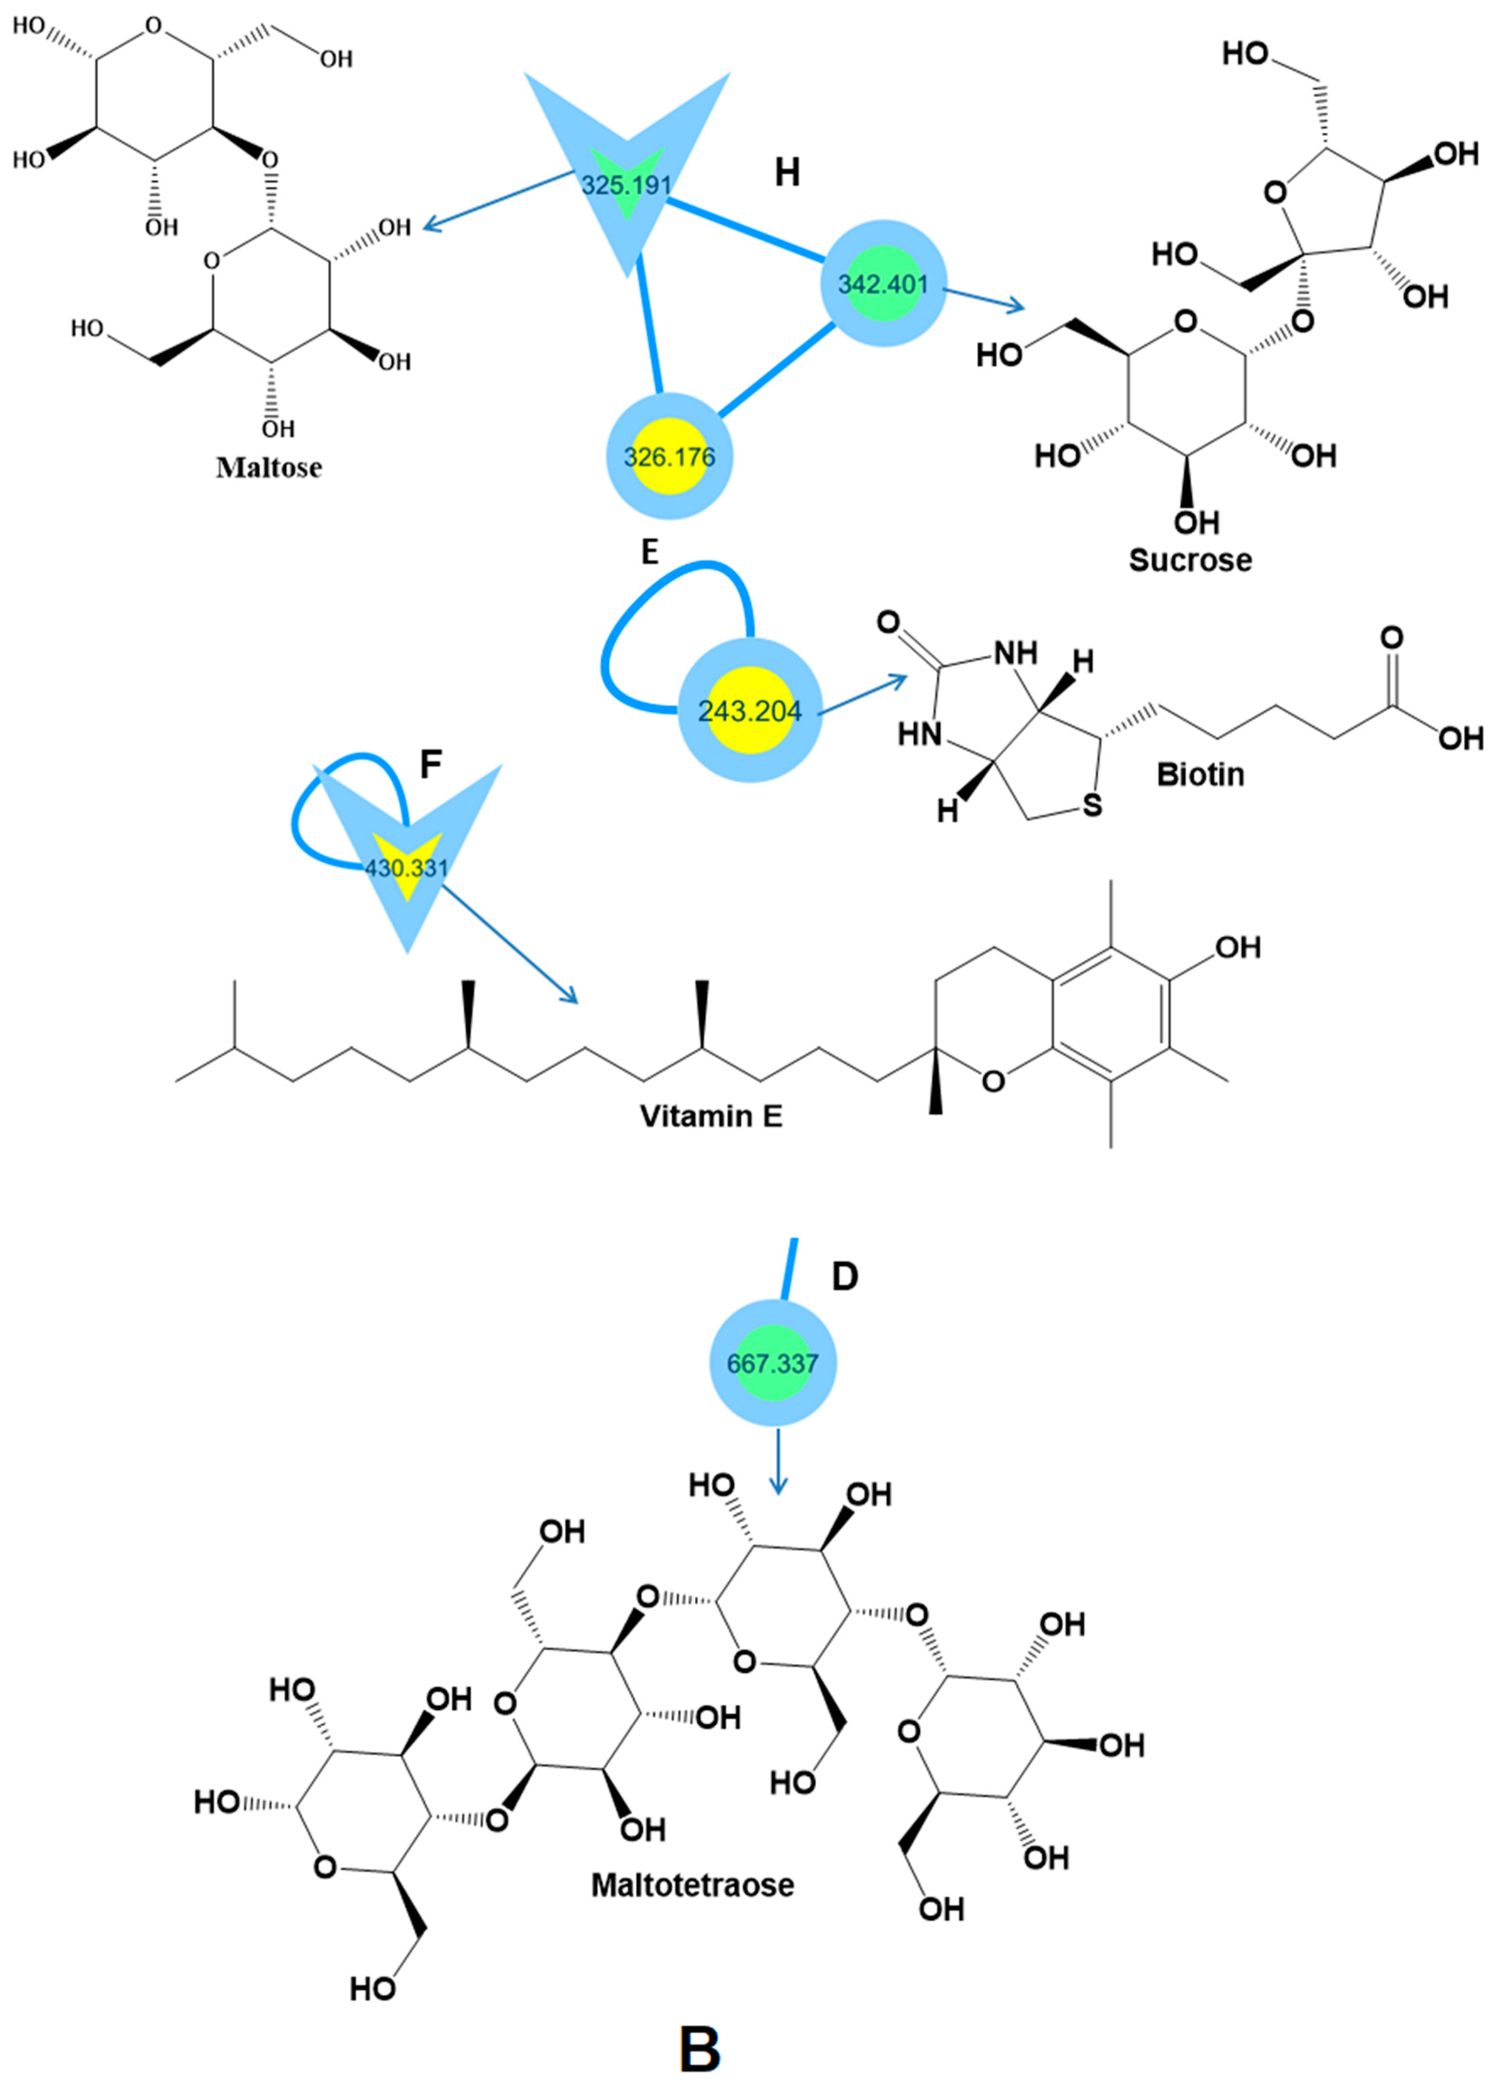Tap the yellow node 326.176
coord(669,456)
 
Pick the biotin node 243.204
coord(749,711)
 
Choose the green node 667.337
coord(773,1363)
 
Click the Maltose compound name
coord(268,467)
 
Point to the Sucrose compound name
coord(1190,559)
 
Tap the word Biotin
coord(1200,773)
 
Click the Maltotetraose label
coord(692,1884)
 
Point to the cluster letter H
coord(787,172)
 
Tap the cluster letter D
coord(845,1276)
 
